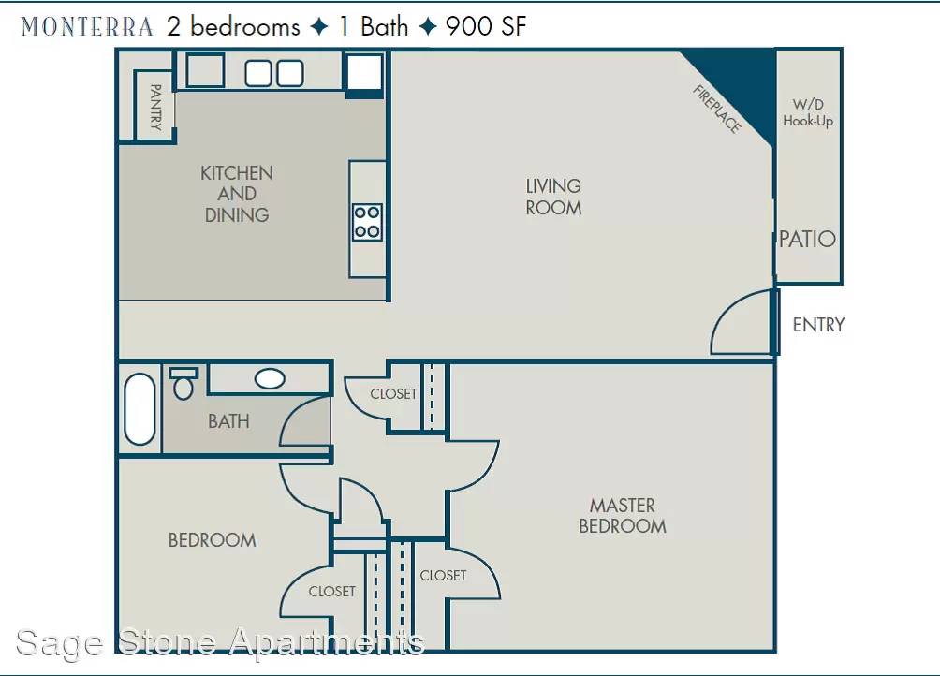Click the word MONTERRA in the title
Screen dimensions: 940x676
click(x=87, y=27)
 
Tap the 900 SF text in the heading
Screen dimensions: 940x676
click(x=486, y=26)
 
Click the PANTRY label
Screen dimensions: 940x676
click(x=155, y=108)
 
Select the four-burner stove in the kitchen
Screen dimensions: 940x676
click(x=367, y=222)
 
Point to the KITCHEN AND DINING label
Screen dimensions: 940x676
click(x=237, y=194)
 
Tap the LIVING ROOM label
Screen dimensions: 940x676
click(x=553, y=197)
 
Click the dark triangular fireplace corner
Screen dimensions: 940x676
click(x=743, y=84)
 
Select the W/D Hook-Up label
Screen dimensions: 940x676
click(x=807, y=112)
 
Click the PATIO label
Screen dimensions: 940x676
click(x=807, y=239)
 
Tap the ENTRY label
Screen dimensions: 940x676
click(x=818, y=325)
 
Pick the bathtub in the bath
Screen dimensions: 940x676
click(x=140, y=409)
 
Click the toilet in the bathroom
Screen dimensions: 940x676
click(x=184, y=384)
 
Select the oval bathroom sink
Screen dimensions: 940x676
click(x=270, y=379)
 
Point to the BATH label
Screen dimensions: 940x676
click(x=228, y=421)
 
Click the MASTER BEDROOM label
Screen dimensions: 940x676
click(x=623, y=515)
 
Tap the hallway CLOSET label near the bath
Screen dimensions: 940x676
click(x=393, y=394)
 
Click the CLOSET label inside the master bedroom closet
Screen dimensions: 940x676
click(x=443, y=575)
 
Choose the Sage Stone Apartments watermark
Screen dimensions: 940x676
click(x=220, y=642)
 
